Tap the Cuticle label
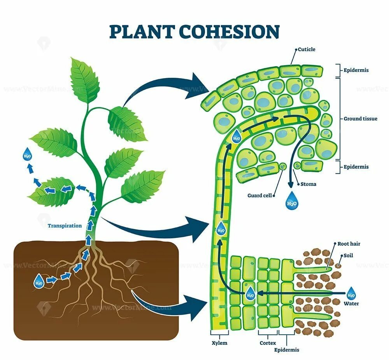tap(307, 49)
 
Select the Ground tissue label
tap(360, 119)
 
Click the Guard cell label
tap(259, 196)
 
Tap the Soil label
tap(349, 256)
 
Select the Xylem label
tap(219, 343)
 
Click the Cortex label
tap(268, 343)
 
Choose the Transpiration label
tap(65, 225)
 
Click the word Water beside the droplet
tap(351, 304)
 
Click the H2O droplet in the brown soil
tap(39, 281)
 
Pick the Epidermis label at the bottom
tap(287, 350)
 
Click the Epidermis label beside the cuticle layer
tap(356, 70)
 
